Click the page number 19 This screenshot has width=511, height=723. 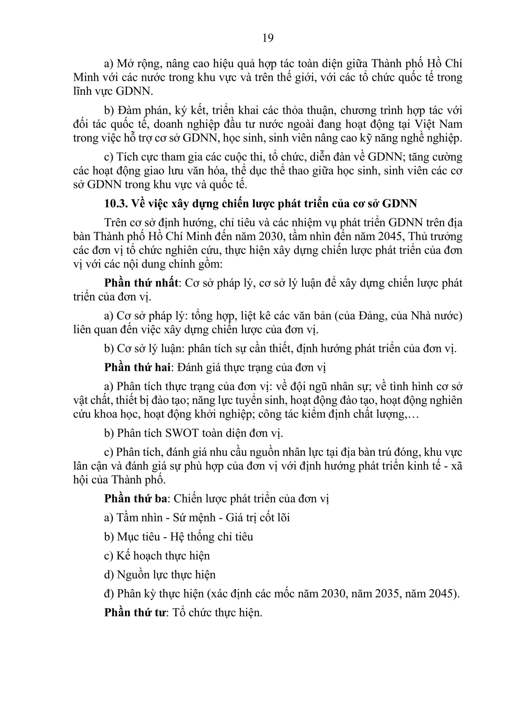click(x=268, y=38)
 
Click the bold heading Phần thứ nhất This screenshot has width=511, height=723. click(x=141, y=283)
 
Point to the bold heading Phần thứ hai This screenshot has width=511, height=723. click(x=137, y=367)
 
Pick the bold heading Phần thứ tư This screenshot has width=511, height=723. click(x=135, y=613)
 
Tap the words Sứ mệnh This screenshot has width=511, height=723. click(x=194, y=518)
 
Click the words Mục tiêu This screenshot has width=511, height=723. click(x=139, y=537)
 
